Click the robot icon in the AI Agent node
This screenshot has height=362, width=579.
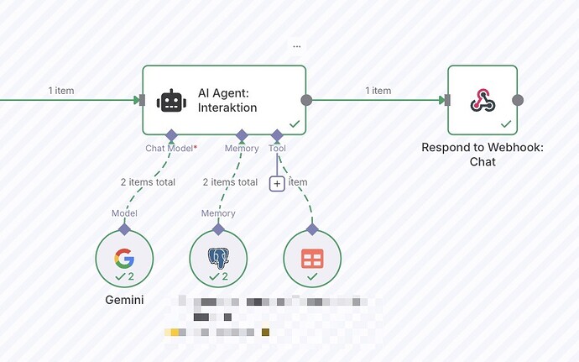tap(170, 101)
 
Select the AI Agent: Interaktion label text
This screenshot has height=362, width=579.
tap(227, 101)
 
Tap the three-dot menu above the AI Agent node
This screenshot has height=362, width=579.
tap(296, 45)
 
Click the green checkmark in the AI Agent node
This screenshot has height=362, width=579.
tap(295, 123)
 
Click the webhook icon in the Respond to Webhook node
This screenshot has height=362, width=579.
tap(482, 101)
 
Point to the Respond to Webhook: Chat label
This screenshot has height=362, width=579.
tap(482, 154)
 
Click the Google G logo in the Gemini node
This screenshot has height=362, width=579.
tap(124, 255)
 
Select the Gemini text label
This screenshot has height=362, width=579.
tap(124, 299)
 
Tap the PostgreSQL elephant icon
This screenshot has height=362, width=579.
tap(218, 255)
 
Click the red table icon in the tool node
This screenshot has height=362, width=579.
tap(312, 257)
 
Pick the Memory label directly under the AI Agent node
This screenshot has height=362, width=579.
tap(242, 149)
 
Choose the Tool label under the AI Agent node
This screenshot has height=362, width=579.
tap(277, 149)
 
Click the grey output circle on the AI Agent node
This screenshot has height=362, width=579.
tap(306, 101)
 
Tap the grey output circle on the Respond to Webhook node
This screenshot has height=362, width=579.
tap(518, 101)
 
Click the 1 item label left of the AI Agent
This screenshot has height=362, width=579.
tap(61, 91)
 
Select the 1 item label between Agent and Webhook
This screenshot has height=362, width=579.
tap(378, 91)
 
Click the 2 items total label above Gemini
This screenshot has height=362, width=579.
tap(148, 181)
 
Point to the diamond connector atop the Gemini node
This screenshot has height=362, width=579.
tap(124, 228)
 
